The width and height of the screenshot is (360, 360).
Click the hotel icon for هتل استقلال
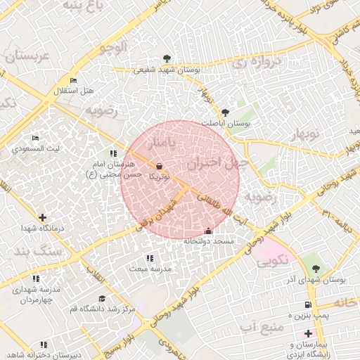[74, 81]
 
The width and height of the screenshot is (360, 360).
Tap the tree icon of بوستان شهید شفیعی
[167, 58]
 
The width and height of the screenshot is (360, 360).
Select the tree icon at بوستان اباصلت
[225, 112]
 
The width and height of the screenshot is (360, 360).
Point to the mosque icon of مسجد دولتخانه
[208, 231]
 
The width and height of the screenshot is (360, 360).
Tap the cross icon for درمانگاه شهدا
[43, 218]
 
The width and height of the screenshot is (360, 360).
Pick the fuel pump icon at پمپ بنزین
[308, 304]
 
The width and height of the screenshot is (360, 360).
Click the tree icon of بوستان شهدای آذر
[316, 269]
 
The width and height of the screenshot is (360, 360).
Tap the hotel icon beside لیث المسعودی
[36, 138]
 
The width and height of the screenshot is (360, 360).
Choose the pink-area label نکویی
[271, 262]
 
